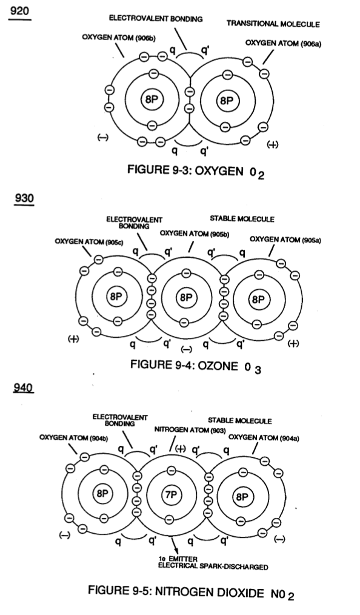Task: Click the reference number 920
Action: pyautogui.click(x=19, y=10)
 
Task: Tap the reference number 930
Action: pyautogui.click(x=24, y=198)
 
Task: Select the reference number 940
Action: pyautogui.click(x=24, y=388)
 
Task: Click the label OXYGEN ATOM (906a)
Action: pyautogui.click(x=283, y=44)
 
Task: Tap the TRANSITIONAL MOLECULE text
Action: pyautogui.click(x=273, y=24)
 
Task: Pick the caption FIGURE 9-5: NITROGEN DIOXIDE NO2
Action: pyautogui.click(x=191, y=593)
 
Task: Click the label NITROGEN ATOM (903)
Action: pyautogui.click(x=190, y=430)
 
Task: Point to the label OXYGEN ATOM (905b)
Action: pyautogui.click(x=195, y=234)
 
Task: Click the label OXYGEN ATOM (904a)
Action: pyautogui.click(x=264, y=438)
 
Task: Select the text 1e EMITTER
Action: pyautogui.click(x=172, y=559)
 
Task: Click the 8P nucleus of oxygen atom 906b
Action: pyautogui.click(x=152, y=99)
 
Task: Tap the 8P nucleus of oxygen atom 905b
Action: pyautogui.click(x=185, y=297)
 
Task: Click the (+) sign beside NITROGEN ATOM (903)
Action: pyautogui.click(x=180, y=449)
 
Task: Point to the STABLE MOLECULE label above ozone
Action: pyautogui.click(x=242, y=219)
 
